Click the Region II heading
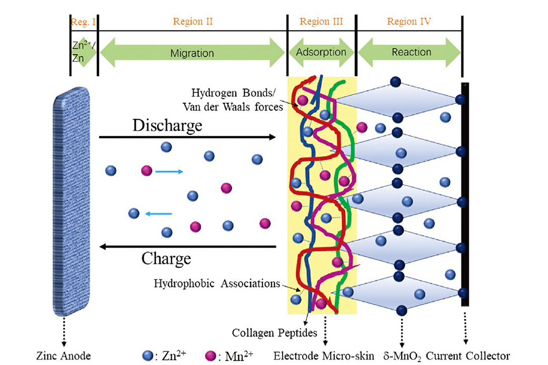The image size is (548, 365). (193, 21)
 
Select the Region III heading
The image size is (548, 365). (321, 21)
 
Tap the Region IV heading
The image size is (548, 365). (409, 21)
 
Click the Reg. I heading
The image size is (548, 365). (83, 22)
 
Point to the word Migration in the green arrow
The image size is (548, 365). (192, 53)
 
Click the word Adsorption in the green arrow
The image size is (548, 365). (321, 52)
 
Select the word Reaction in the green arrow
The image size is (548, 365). (411, 52)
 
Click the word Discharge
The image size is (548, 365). (167, 125)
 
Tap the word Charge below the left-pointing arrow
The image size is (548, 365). (166, 259)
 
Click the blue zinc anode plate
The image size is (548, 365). (71, 201)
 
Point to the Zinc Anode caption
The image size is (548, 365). (63, 356)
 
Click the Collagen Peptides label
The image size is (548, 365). (274, 333)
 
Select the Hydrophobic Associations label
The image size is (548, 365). (217, 283)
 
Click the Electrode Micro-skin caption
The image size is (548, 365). (324, 356)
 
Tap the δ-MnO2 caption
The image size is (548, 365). (402, 356)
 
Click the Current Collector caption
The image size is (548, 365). (467, 356)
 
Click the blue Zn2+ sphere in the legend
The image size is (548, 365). (148, 356)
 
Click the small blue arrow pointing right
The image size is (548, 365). (169, 172)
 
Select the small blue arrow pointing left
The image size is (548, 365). (158, 214)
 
